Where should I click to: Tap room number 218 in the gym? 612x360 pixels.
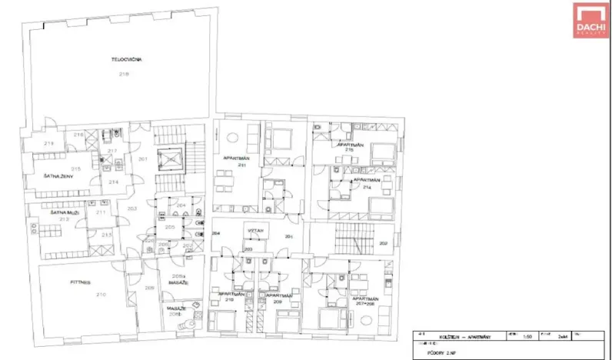[x=123, y=73]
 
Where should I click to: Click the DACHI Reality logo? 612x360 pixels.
[x=590, y=19]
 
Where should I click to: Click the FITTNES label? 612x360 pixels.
[x=79, y=282]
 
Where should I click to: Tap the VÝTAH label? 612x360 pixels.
[x=255, y=231]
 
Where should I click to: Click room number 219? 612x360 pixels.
[x=48, y=144]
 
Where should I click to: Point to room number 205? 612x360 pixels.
[x=169, y=228]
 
